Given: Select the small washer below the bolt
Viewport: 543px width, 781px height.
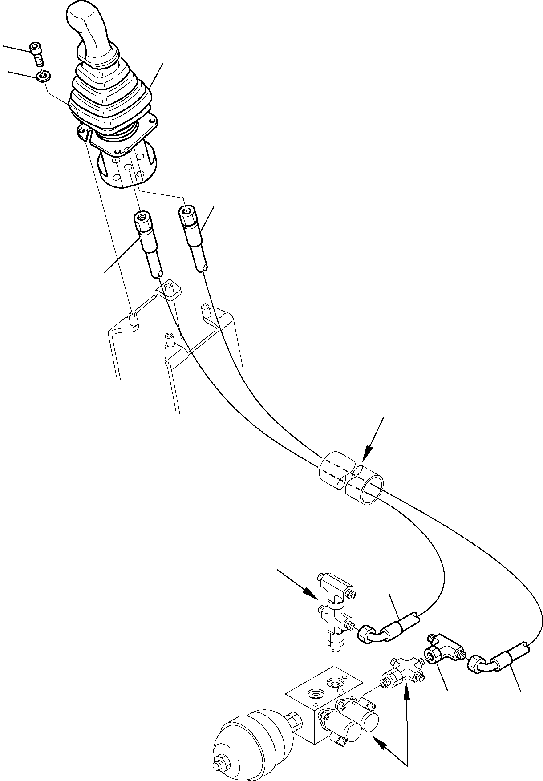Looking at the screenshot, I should tap(43, 76).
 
